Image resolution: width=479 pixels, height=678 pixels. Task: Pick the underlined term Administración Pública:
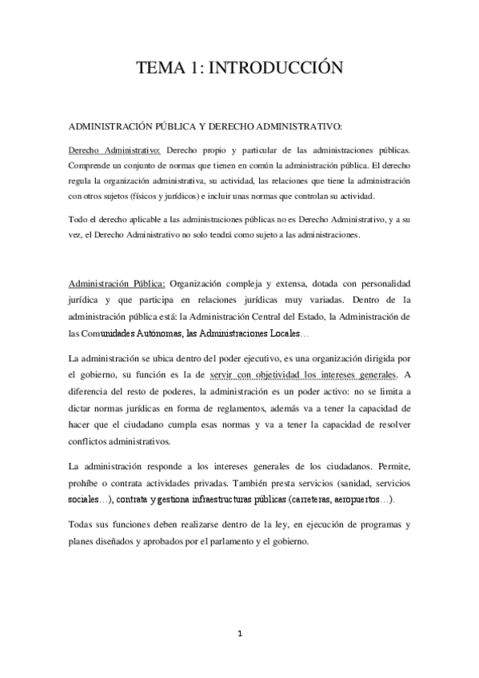118,283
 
